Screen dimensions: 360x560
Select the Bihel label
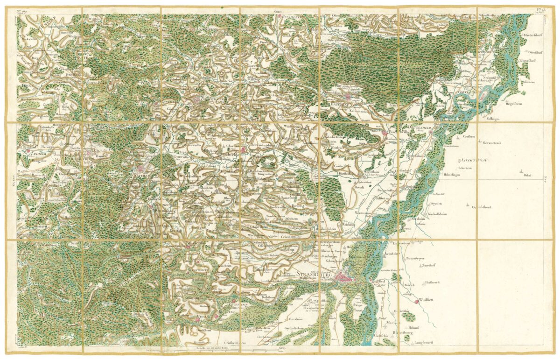[x=528, y=176]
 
